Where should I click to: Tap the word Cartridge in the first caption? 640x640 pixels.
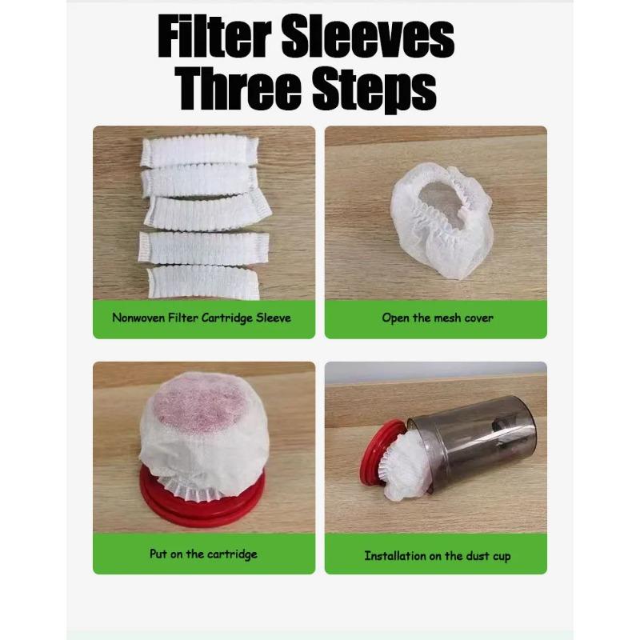point(226,318)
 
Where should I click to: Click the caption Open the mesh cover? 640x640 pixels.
point(437,318)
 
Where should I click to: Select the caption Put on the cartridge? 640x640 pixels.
point(203,554)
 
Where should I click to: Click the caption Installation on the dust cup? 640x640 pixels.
point(437,554)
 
